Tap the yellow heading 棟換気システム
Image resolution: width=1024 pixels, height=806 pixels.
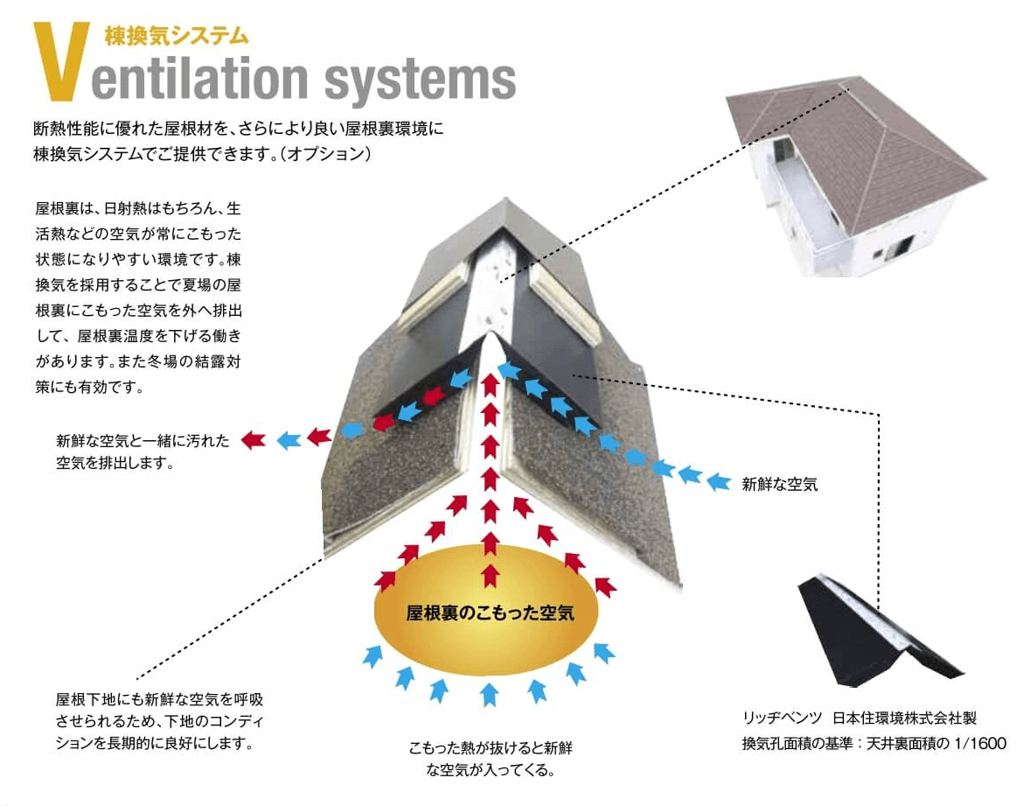click(176, 36)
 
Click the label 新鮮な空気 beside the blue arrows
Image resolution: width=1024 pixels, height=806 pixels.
click(779, 484)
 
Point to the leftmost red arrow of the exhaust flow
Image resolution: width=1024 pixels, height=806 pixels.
click(253, 439)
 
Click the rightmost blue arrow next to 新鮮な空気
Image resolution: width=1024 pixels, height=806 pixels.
click(718, 482)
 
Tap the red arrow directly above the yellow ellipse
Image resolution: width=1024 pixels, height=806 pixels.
click(491, 575)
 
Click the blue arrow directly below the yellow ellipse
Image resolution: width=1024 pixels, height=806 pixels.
click(488, 694)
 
